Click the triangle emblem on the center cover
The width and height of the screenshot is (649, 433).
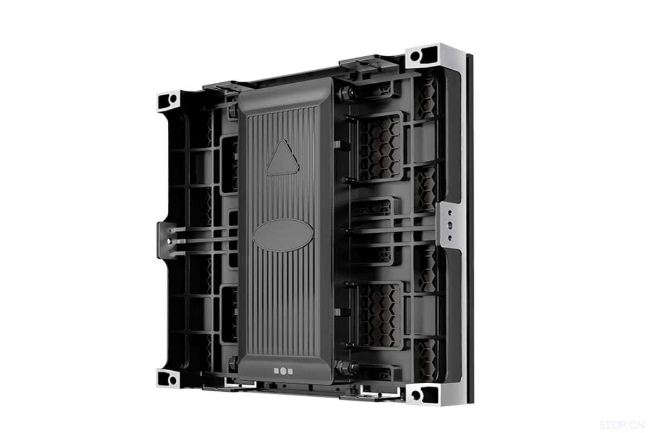283,159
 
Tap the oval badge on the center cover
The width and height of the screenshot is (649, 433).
283,235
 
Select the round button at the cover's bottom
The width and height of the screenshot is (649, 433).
283,371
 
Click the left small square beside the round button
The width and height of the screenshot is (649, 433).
276,371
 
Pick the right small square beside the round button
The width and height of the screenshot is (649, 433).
290,371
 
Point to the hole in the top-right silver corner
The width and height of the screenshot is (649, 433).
415,55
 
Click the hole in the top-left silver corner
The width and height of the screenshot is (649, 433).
173,99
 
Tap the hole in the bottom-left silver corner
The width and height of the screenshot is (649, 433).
173,380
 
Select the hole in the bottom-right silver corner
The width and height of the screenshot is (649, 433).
416,395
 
